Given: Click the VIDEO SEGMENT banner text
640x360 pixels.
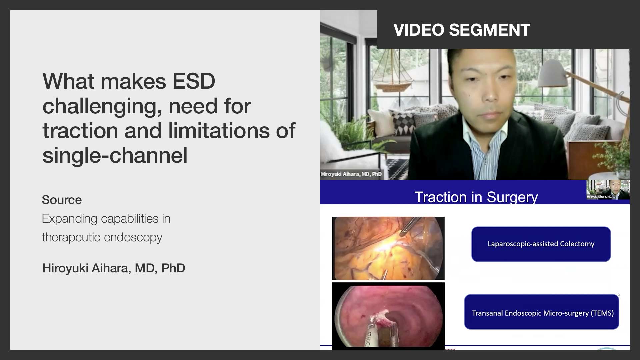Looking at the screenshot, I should [462, 30].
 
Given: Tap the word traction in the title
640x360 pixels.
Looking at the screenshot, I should [80, 131].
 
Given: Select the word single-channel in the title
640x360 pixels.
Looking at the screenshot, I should [115, 155].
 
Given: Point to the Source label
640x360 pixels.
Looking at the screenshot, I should [62, 200].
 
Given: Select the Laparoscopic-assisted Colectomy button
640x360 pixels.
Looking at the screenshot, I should [541, 244].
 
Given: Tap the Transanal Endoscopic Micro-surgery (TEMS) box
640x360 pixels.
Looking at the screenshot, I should [542, 313].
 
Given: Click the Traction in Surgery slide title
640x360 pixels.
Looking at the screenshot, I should [476, 197].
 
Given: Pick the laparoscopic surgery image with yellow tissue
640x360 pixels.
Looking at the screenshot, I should [388, 248].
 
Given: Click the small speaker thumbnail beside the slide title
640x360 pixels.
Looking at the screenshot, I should [608, 190].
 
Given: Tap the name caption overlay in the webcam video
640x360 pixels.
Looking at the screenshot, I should [351, 174].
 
